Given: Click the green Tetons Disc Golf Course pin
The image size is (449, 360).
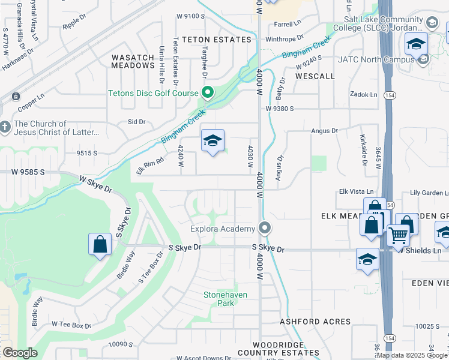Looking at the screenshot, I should pos(208,92).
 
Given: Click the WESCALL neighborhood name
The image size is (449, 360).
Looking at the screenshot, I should pos(315,76).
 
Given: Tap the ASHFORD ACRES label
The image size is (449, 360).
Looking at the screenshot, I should pos(310,322).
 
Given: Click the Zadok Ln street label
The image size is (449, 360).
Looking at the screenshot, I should pos(364,95).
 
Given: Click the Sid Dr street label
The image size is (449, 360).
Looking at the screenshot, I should pos(137,122).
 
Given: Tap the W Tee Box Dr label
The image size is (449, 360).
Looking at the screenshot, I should pos(71,326).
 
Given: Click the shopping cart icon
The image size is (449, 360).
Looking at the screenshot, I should pos(398,235).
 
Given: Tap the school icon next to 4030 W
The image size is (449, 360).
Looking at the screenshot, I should pos(212,142).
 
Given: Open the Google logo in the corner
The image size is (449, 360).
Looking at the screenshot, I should pos(20,353).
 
